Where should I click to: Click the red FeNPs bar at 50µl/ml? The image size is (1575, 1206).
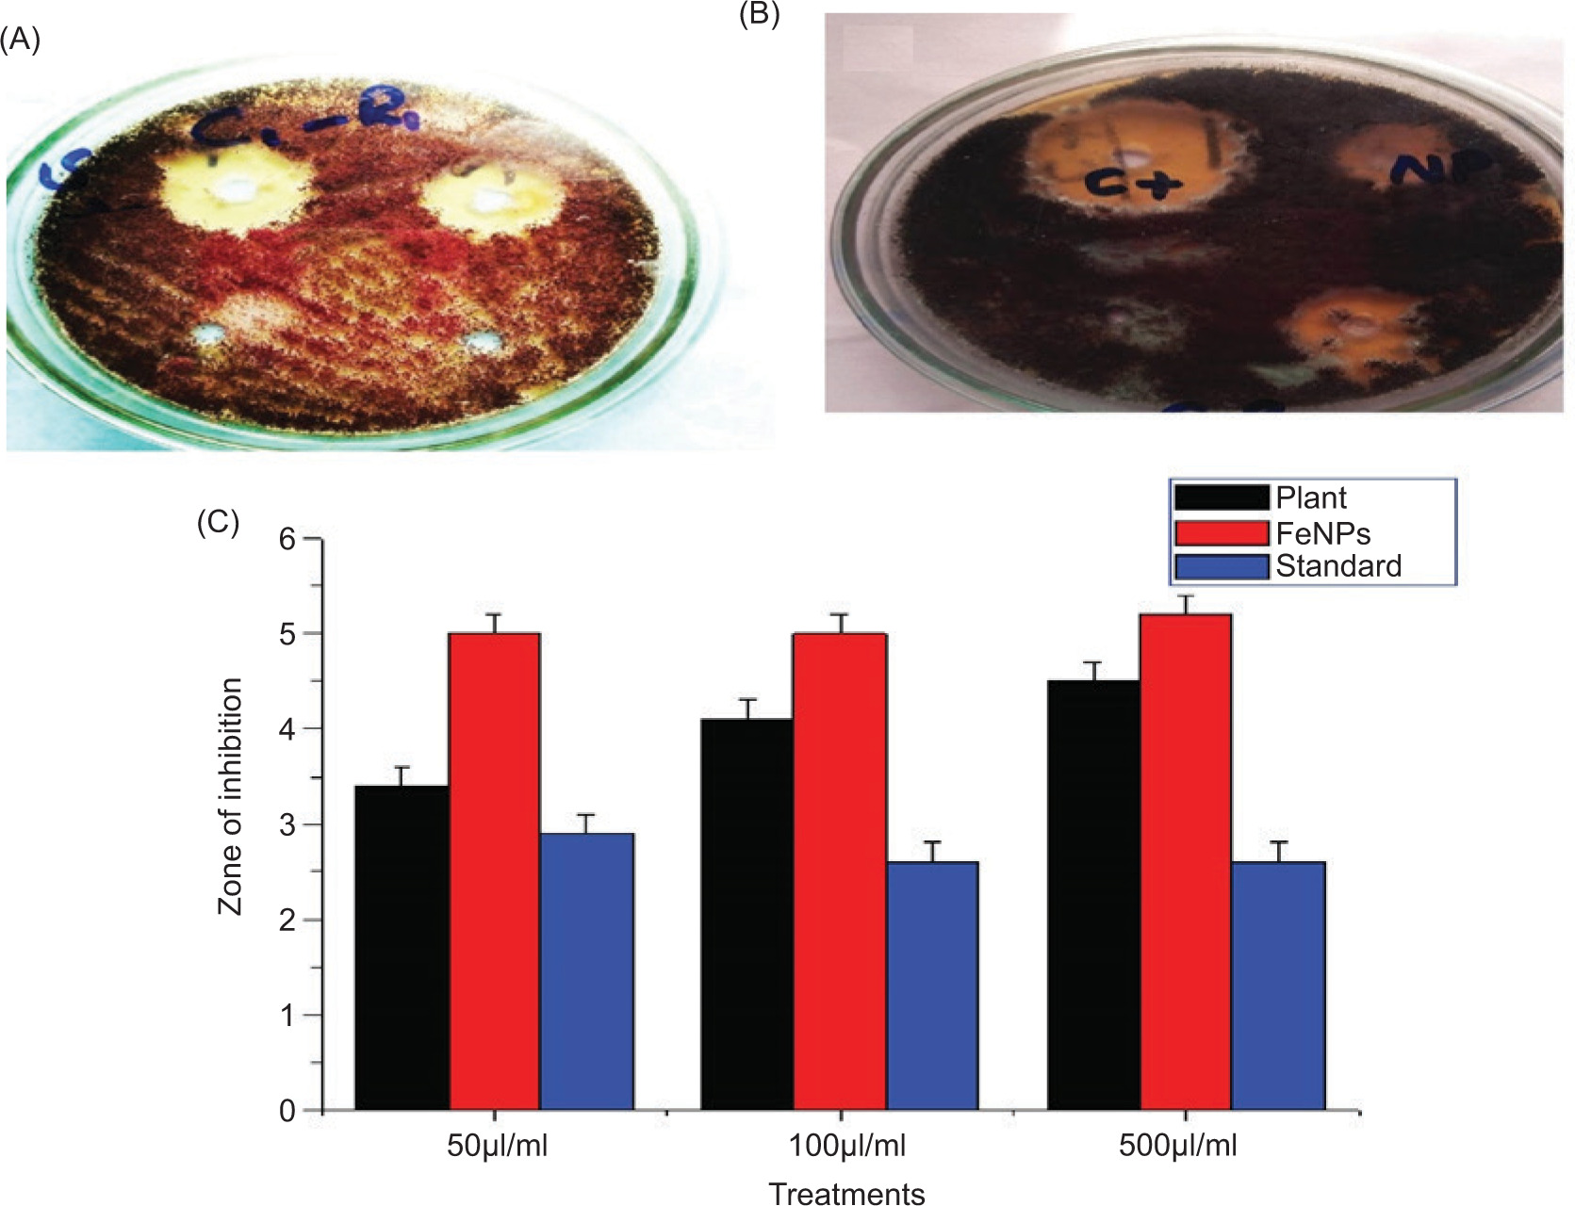click(495, 872)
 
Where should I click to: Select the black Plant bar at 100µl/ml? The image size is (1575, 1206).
click(746, 914)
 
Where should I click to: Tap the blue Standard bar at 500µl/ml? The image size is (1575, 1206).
click(1278, 985)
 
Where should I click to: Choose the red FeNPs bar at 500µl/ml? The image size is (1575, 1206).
click(1186, 862)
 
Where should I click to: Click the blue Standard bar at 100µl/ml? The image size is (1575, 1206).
click(932, 985)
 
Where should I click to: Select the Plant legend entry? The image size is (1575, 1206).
click(1311, 497)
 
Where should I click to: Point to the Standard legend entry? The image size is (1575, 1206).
click(1338, 566)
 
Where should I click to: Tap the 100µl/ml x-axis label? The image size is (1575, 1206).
click(845, 1146)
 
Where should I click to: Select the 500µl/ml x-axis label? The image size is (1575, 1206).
click(1177, 1146)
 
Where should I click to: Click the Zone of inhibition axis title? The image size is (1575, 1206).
click(230, 796)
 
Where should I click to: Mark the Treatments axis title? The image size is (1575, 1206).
click(846, 1193)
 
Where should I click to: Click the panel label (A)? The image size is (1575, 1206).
click(19, 41)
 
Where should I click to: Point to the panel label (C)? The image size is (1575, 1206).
click(218, 523)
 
